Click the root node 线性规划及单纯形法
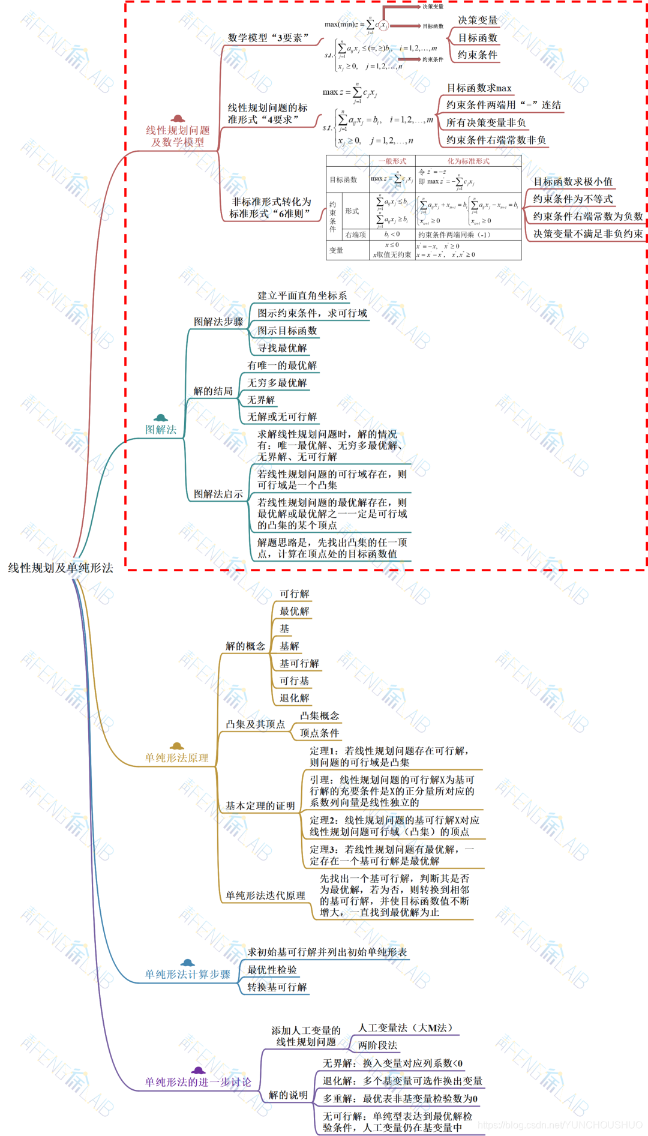60,568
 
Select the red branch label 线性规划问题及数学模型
178,136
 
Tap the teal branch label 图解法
161,430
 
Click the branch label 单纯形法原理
176,758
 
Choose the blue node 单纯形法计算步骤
187,975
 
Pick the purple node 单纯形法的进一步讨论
198,1082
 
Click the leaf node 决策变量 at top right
478,20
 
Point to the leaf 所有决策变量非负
486,123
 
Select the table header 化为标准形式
468,161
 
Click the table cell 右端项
355,235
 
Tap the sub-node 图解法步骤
218,322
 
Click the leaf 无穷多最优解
277,383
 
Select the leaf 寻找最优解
282,348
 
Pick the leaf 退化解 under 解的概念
294,699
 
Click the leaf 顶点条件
319,733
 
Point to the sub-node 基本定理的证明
260,806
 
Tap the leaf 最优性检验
272,970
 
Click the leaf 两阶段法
377,1045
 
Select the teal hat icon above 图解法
160,418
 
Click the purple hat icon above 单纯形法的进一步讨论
198,1071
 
